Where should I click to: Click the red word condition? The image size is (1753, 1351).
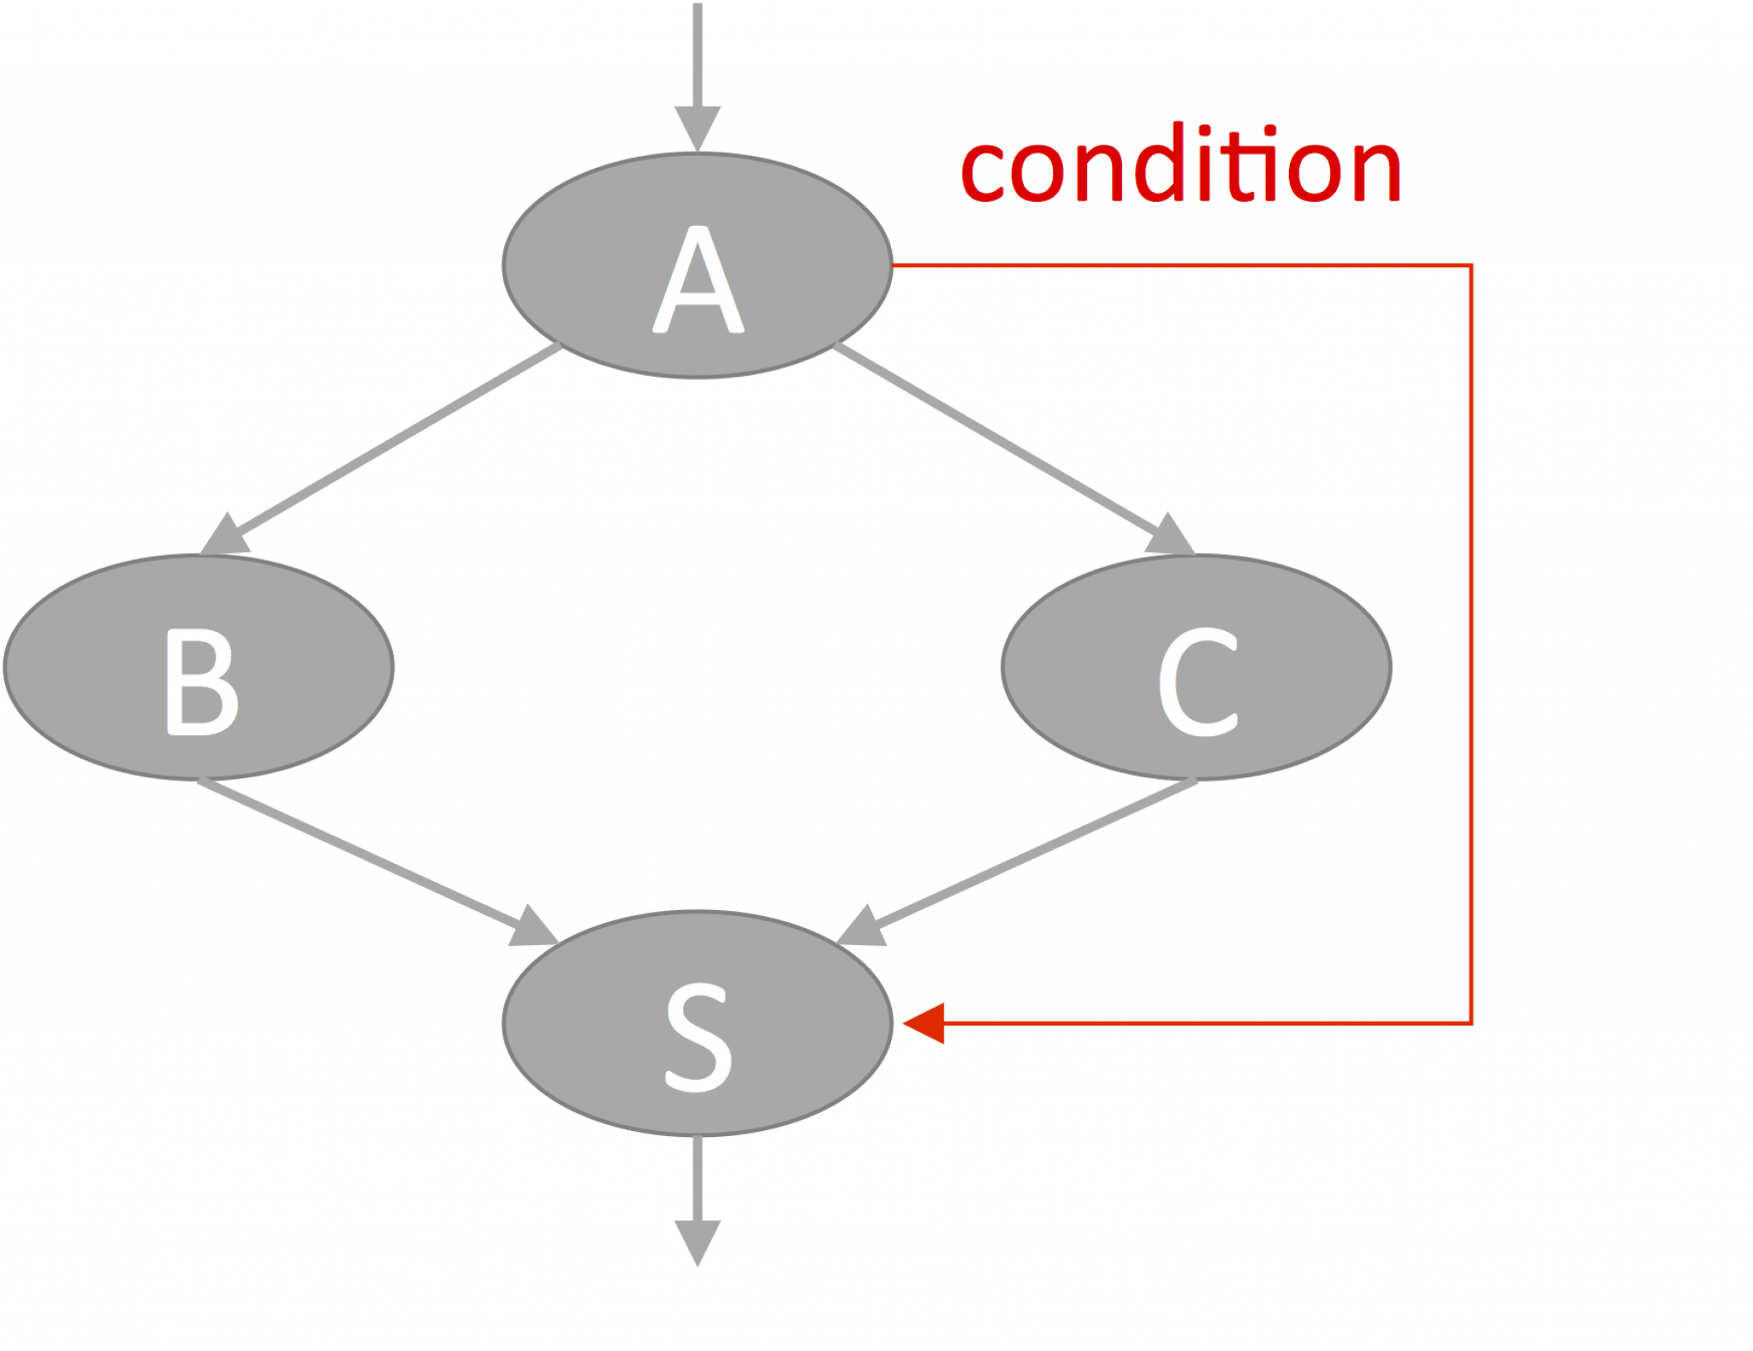click(1180, 167)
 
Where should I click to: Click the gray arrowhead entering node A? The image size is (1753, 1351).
click(698, 127)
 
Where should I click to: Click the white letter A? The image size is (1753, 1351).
click(698, 281)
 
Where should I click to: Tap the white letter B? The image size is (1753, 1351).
click(201, 681)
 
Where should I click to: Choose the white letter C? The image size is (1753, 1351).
click(1197, 681)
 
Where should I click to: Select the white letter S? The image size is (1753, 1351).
click(698, 1038)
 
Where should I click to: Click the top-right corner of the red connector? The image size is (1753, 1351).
click(1471, 265)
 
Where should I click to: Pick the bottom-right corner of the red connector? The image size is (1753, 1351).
click(1471, 1022)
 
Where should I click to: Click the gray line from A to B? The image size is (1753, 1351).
click(394, 440)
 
